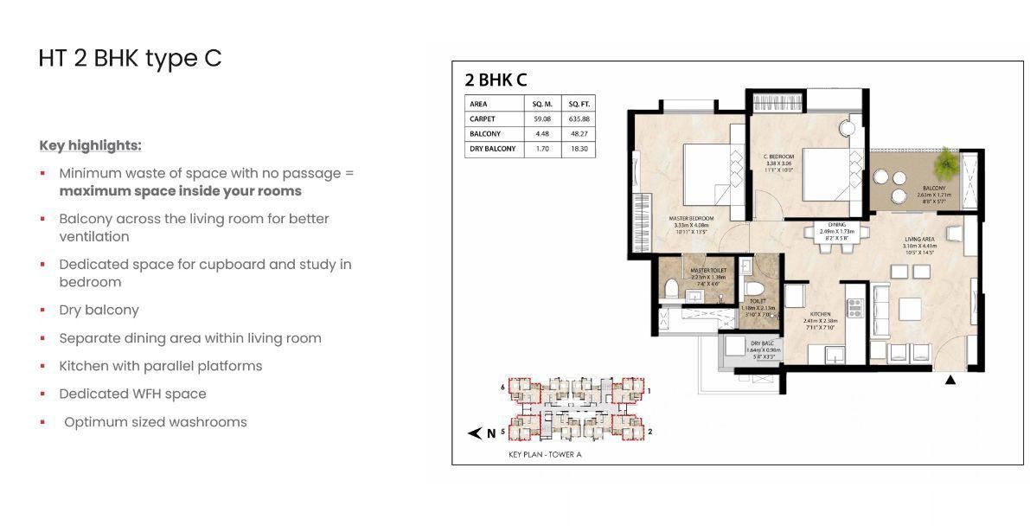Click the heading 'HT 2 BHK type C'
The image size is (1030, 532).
tap(130, 58)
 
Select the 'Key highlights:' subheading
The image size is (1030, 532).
tap(90, 145)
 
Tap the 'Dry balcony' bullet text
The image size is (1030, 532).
tap(99, 310)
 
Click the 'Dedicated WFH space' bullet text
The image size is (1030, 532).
tap(132, 394)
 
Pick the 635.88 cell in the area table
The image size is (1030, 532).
tap(579, 119)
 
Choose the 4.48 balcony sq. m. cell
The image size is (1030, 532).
tap(542, 134)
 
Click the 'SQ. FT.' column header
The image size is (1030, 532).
tap(579, 104)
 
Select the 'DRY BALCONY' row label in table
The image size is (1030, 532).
tap(493, 149)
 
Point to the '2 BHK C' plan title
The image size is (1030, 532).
tap(496, 80)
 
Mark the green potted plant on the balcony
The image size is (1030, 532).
tap(948, 161)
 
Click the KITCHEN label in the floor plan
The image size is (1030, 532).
tap(820, 314)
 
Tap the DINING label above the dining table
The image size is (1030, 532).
tap(836, 225)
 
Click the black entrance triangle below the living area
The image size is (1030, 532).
tap(950, 379)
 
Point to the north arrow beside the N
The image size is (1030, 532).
tap(474, 433)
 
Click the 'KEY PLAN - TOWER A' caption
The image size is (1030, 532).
tap(545, 454)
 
